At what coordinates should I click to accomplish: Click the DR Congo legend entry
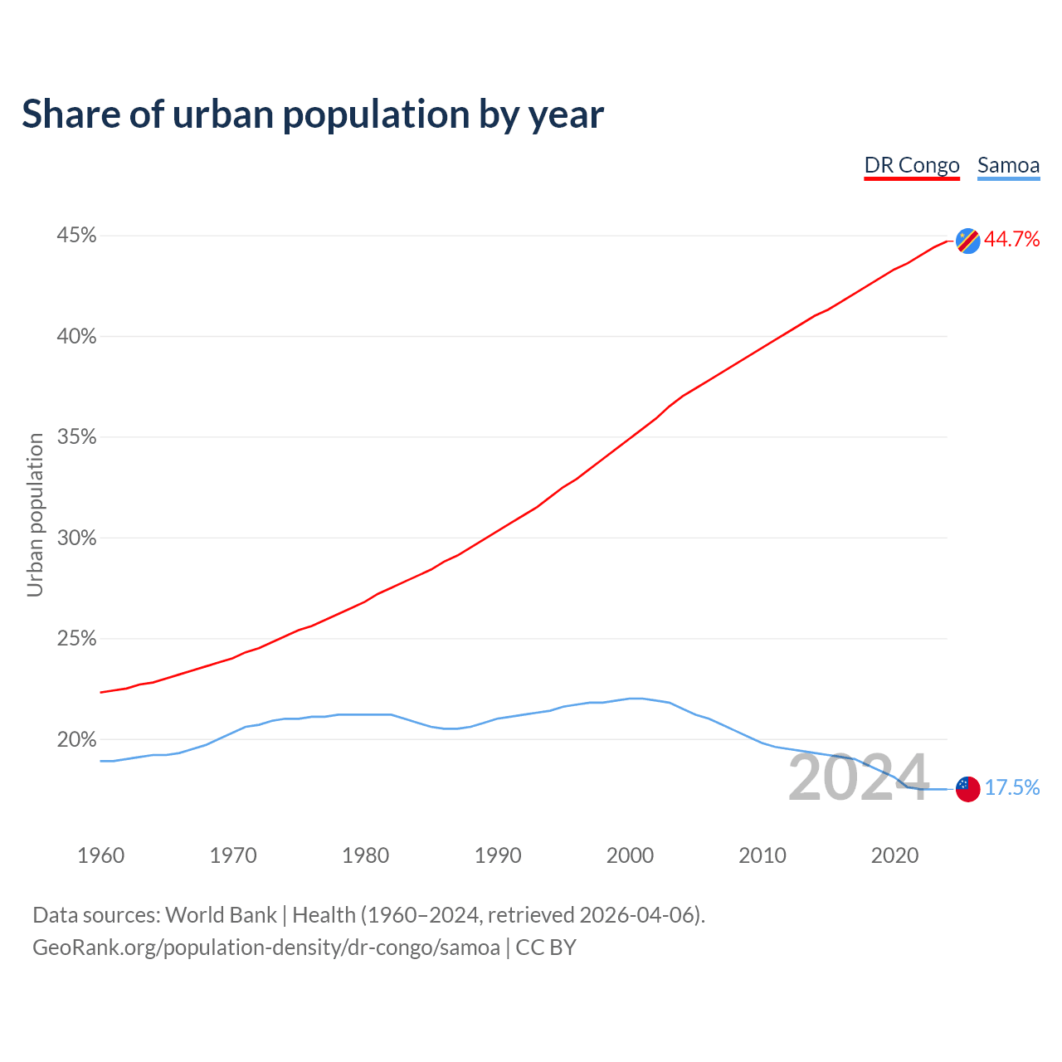coord(912,165)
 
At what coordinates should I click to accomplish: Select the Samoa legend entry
coord(1008,165)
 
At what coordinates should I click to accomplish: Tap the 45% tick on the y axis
coord(76,236)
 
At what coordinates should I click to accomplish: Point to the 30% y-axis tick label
coord(76,538)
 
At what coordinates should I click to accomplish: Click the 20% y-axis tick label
coord(76,739)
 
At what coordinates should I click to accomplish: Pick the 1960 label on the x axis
coord(100,855)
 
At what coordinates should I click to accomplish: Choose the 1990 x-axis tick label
coord(498,855)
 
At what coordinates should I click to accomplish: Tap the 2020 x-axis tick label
coord(894,855)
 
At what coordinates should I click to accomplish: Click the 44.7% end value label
coord(1011,239)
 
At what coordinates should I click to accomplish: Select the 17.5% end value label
coord(1012,787)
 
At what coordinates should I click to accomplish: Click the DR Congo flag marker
coord(967,241)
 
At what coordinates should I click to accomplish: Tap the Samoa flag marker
coord(967,789)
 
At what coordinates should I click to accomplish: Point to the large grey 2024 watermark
coord(858,777)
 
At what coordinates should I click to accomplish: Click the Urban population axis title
coord(35,514)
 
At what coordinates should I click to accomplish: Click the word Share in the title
coord(70,114)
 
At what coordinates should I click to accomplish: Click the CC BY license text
coord(546,948)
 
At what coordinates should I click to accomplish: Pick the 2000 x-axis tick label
coord(630,855)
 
